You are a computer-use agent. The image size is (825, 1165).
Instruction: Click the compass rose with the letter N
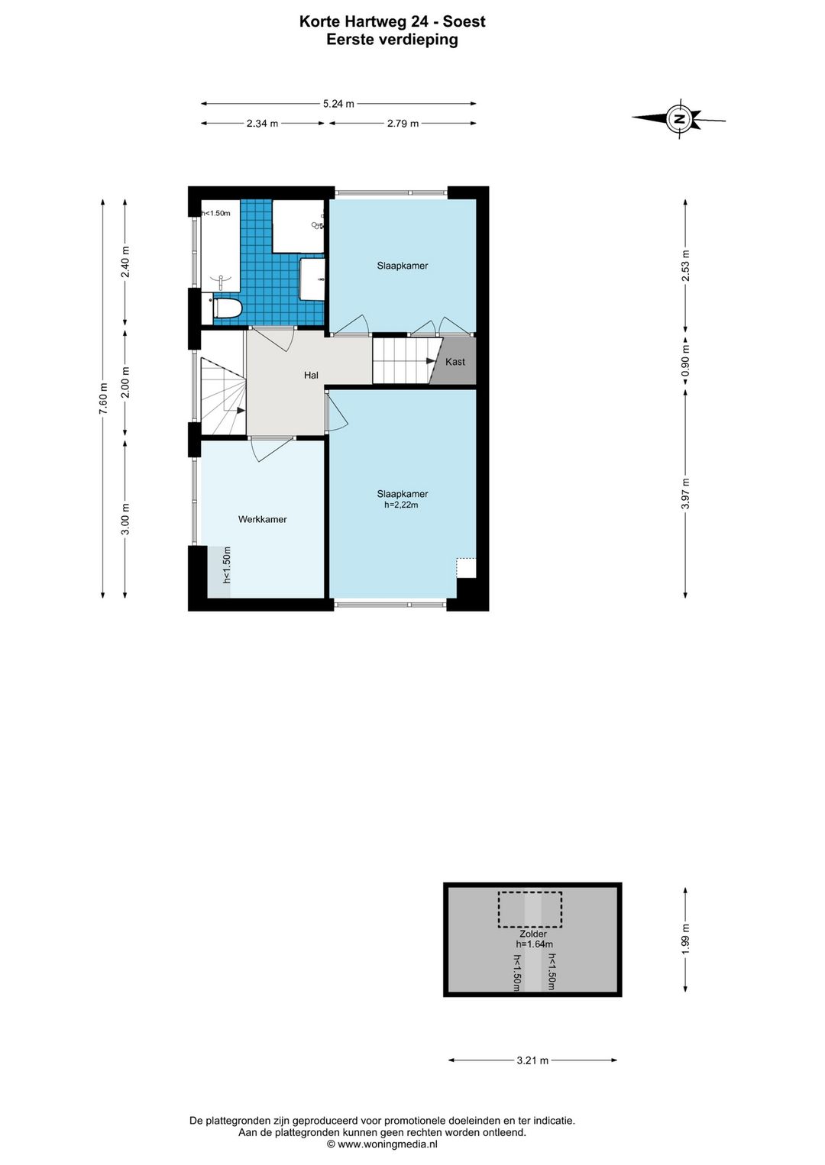679,118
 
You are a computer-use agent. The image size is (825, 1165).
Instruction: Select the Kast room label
455,361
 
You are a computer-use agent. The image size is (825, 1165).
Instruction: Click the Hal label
311,375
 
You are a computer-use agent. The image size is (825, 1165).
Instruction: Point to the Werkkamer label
262,519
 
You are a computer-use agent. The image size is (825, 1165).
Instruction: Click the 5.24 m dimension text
338,104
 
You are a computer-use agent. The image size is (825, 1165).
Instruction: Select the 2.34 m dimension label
262,123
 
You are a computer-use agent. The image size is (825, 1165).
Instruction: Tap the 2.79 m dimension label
403,123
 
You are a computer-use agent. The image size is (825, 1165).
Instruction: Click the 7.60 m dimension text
103,399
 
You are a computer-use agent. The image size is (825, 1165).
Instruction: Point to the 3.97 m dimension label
685,494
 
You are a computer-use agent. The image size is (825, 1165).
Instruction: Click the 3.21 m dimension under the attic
532,1060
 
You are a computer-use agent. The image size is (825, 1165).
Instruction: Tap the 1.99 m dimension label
685,939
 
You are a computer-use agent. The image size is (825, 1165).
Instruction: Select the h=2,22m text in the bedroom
401,505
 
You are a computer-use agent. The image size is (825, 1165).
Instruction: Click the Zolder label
533,934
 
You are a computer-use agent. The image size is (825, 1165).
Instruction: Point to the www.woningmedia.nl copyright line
382,1144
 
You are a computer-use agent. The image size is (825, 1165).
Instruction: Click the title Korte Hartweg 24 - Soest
392,21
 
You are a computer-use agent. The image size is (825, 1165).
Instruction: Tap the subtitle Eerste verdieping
392,40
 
